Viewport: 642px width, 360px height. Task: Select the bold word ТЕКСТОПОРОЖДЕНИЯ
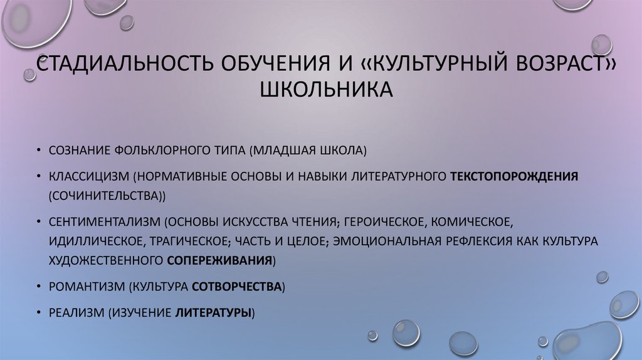(x=513, y=177)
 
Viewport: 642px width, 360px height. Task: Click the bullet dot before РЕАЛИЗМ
(x=39, y=313)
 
